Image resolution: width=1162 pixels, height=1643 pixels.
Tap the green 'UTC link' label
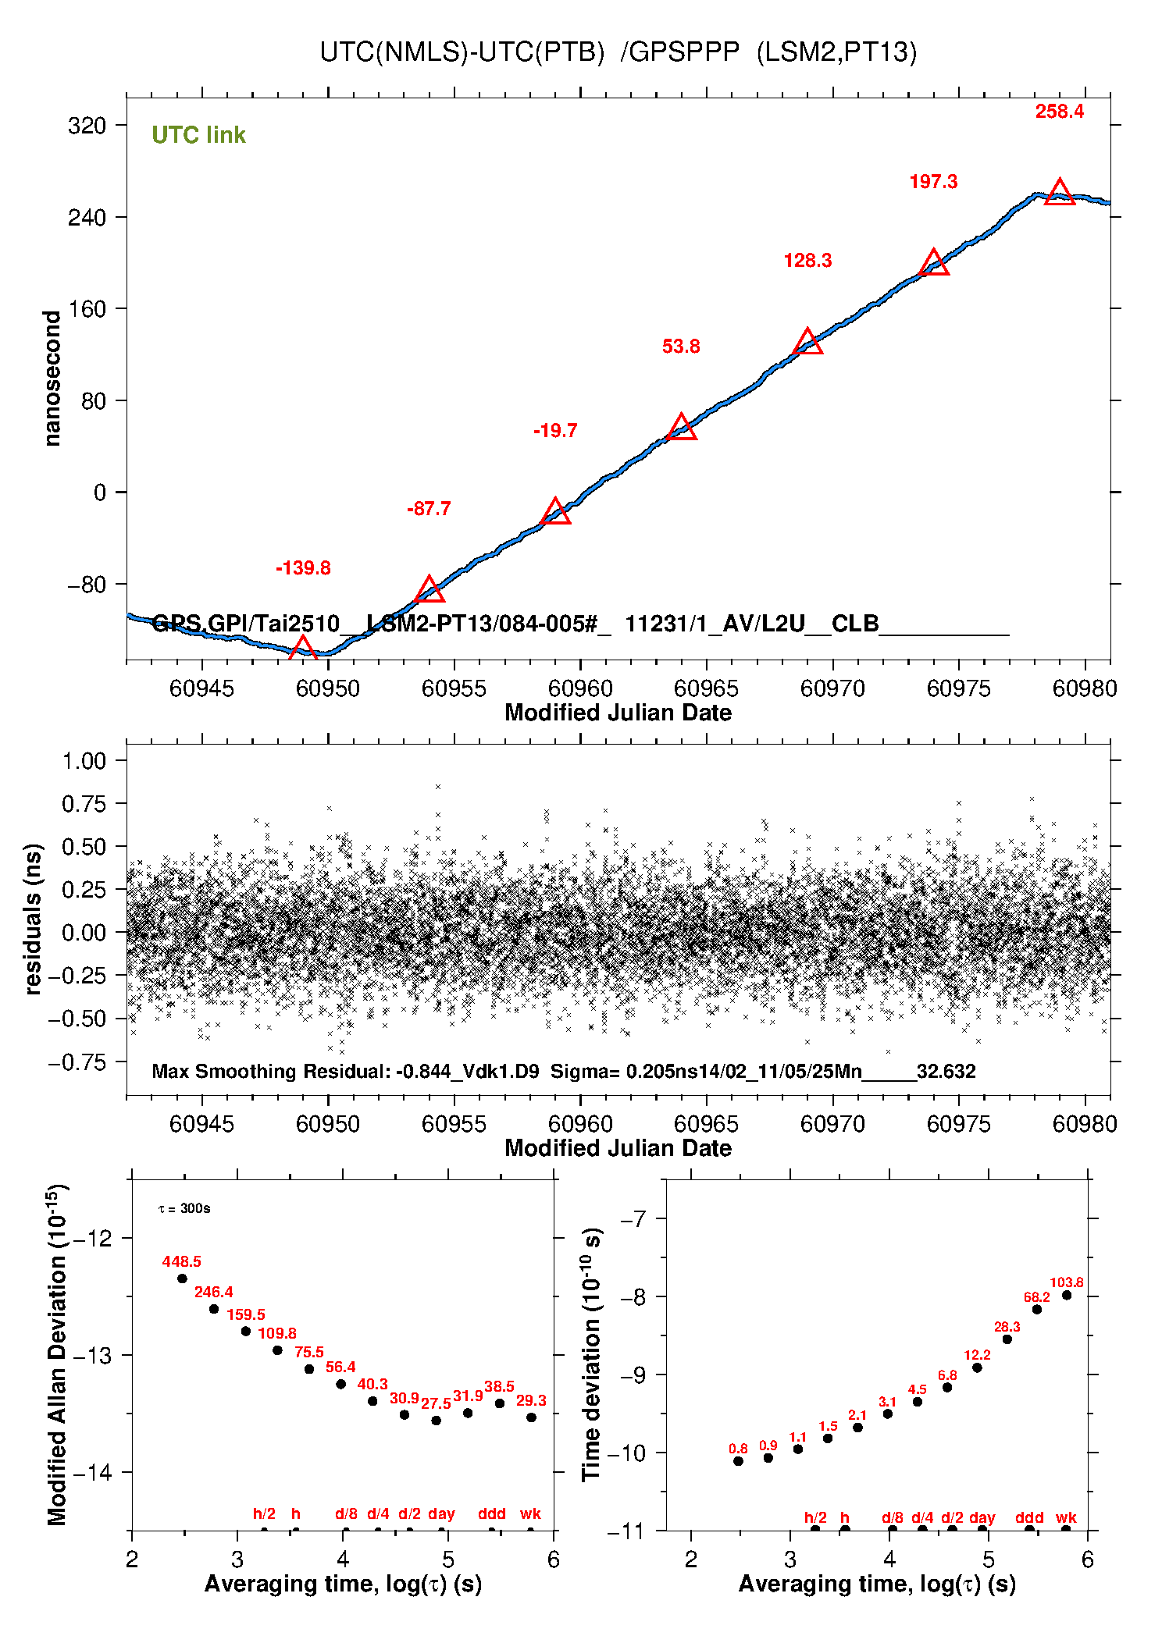coord(198,135)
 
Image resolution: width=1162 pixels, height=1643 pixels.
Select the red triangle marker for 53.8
coord(682,428)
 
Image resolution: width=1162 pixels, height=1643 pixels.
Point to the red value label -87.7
coord(429,509)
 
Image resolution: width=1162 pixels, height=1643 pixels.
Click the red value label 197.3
coord(933,182)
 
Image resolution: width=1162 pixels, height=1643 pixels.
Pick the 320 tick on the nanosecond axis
coord(87,126)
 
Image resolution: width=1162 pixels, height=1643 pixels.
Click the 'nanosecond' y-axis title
coord(52,379)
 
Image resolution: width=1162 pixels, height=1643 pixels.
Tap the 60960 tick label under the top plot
coord(580,688)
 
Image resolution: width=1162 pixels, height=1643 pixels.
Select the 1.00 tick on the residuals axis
coord(84,761)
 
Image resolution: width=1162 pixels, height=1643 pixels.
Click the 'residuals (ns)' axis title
coord(32,919)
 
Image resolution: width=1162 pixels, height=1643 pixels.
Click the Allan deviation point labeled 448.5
coord(182,1278)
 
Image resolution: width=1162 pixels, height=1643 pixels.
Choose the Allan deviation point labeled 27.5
coord(437,1421)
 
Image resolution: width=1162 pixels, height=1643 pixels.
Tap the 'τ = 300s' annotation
coord(184,1208)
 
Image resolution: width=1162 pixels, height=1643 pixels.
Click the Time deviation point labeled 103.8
coord(1067,1295)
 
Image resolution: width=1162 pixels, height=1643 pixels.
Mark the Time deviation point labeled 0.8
coord(738,1461)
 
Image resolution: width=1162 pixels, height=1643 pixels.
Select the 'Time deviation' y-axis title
coord(592,1355)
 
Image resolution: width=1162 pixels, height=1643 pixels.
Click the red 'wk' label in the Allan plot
coord(530,1513)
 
